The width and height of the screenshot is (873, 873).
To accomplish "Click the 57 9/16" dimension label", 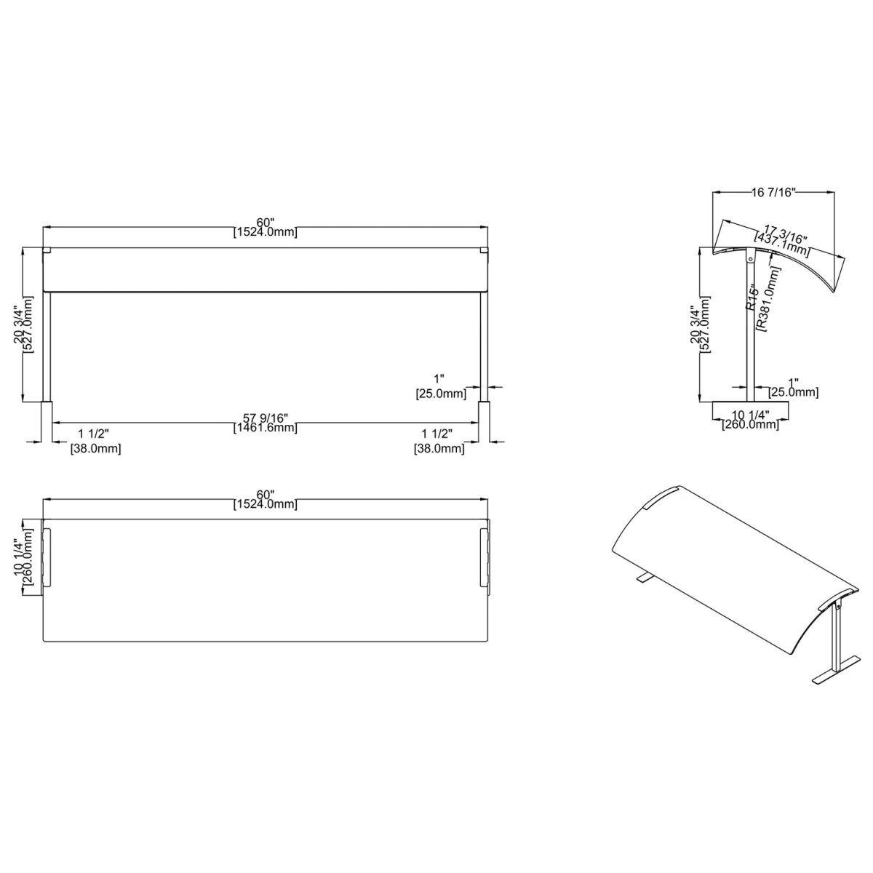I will tap(266, 418).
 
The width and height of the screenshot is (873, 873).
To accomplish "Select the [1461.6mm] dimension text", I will tap(266, 428).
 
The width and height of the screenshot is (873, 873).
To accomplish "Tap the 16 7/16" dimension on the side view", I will tap(773, 192).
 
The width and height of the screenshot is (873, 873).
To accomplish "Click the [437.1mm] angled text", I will tap(780, 244).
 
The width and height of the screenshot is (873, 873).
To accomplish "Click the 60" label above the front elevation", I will tap(266, 222).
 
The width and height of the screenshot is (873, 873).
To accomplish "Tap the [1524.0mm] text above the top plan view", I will tap(266, 504).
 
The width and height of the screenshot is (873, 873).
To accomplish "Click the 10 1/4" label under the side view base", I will tap(750, 415).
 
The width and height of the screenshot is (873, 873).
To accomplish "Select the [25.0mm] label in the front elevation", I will tap(440, 394).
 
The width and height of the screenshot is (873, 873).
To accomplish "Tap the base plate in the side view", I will tap(750, 401).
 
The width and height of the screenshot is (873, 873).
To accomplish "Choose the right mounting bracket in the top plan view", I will tap(485, 557).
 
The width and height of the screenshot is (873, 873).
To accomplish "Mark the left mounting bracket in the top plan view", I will tap(47, 557).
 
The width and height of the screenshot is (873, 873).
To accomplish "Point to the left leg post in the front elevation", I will tap(47, 346).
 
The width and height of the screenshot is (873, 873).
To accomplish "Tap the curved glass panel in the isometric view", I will tap(727, 567).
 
